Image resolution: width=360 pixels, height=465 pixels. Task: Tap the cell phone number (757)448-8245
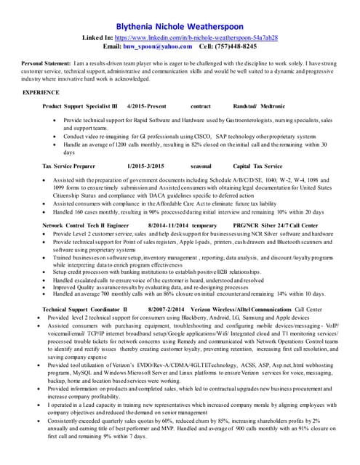(x=235, y=46)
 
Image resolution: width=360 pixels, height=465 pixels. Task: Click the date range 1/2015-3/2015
(x=145, y=166)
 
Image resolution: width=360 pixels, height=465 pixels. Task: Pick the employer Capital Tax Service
(x=257, y=166)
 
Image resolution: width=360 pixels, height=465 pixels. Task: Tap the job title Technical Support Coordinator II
(x=84, y=309)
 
